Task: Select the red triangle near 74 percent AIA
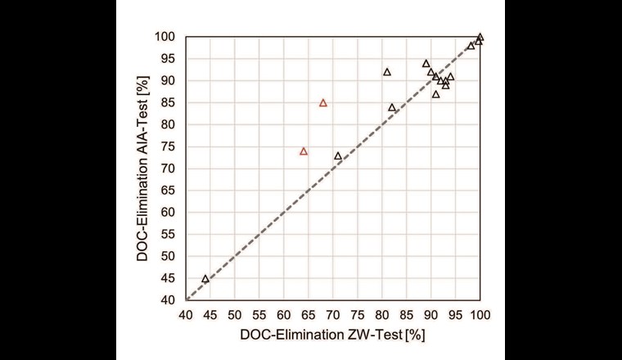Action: click(304, 151)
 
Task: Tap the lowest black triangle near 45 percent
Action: click(205, 279)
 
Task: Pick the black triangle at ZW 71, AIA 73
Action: click(338, 155)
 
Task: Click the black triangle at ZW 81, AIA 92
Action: click(387, 72)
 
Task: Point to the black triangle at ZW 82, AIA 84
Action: click(392, 107)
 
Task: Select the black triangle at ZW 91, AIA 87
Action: click(436, 94)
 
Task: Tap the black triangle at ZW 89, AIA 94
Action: click(426, 63)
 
